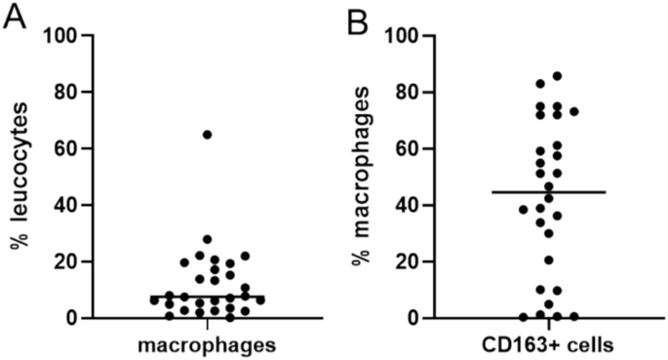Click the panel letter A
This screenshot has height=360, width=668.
tap(15, 18)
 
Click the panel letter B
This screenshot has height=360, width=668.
tap(358, 18)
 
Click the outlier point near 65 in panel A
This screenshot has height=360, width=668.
tap(207, 135)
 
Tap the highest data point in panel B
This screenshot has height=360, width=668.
tap(557, 76)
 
